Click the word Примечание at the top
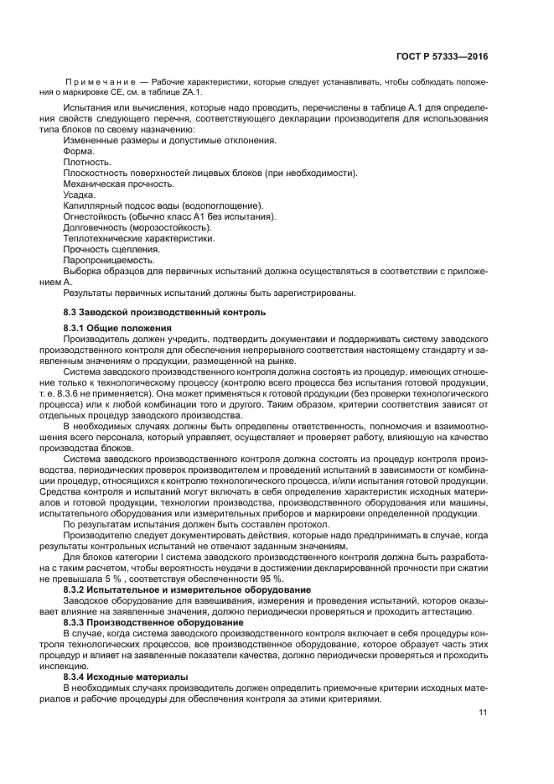tap(101, 82)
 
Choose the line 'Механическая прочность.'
tap(118, 184)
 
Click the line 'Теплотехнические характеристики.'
tap(138, 238)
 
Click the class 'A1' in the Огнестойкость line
tap(201, 216)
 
